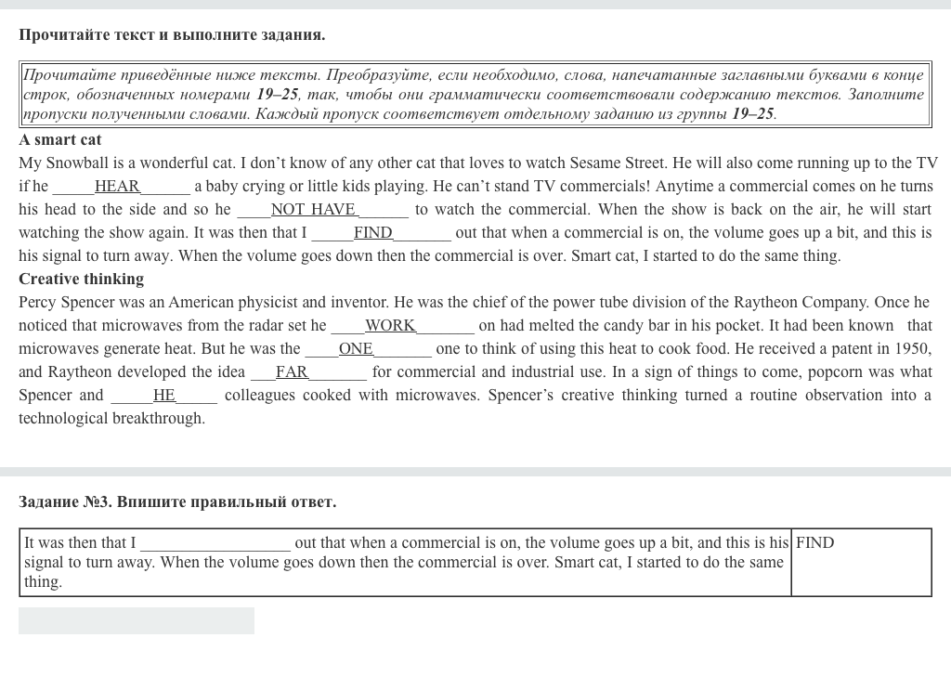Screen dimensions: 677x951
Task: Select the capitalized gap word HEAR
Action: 117,187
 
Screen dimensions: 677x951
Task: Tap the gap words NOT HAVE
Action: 313,210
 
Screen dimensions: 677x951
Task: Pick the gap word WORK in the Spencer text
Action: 390,326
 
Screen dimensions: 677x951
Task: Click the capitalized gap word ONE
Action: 356,349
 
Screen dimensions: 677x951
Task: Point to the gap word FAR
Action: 292,372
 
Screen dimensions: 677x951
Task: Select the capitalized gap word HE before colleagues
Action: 164,396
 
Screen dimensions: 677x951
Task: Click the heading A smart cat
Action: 60,140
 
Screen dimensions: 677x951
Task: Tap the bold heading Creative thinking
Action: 82,280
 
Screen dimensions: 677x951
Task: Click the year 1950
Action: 912,349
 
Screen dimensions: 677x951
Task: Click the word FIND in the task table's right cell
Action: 814,543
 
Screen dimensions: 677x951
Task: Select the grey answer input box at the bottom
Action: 137,621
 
